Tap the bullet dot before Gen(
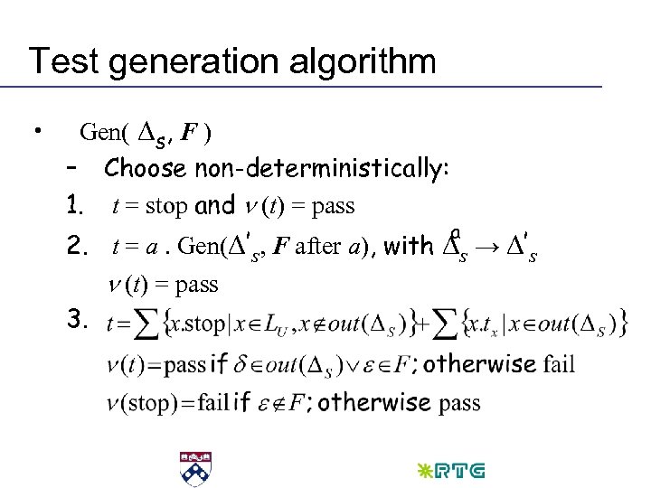[x=37, y=132]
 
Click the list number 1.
[x=75, y=206]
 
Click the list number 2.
[x=75, y=245]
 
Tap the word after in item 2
[x=317, y=245]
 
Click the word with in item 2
[x=409, y=245]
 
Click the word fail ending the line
[x=558, y=365]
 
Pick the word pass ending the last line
[x=460, y=402]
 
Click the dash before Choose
[x=73, y=169]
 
